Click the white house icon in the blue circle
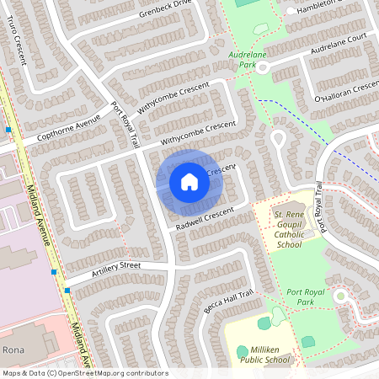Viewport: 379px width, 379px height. pos(189,181)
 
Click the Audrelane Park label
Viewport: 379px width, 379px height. pos(247,58)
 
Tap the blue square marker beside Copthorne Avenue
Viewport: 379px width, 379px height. pos(8,130)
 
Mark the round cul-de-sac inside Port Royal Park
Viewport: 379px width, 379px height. pos(340,296)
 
